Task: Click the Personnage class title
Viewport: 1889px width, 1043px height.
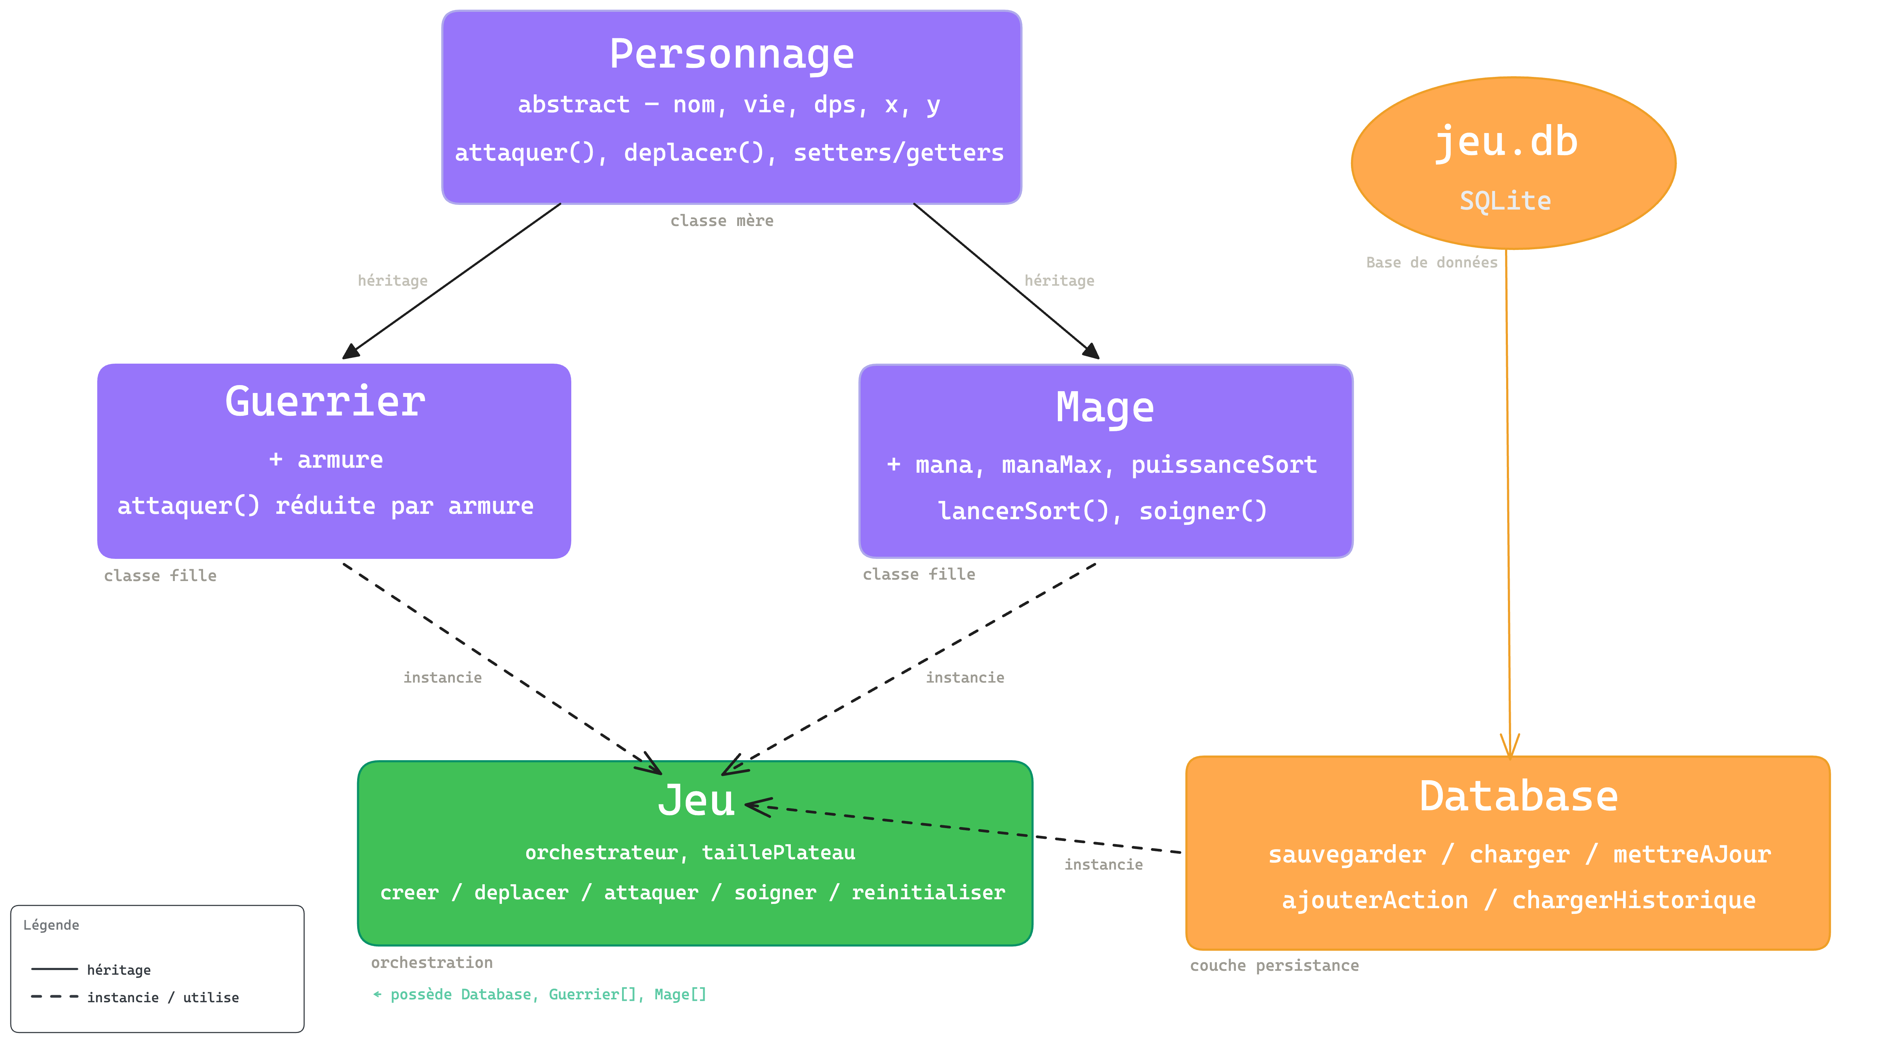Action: [732, 54]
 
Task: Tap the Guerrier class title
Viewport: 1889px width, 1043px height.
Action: [325, 402]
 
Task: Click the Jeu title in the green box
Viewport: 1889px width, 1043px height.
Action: [696, 800]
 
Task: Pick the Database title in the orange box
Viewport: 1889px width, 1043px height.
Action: [1518, 797]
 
